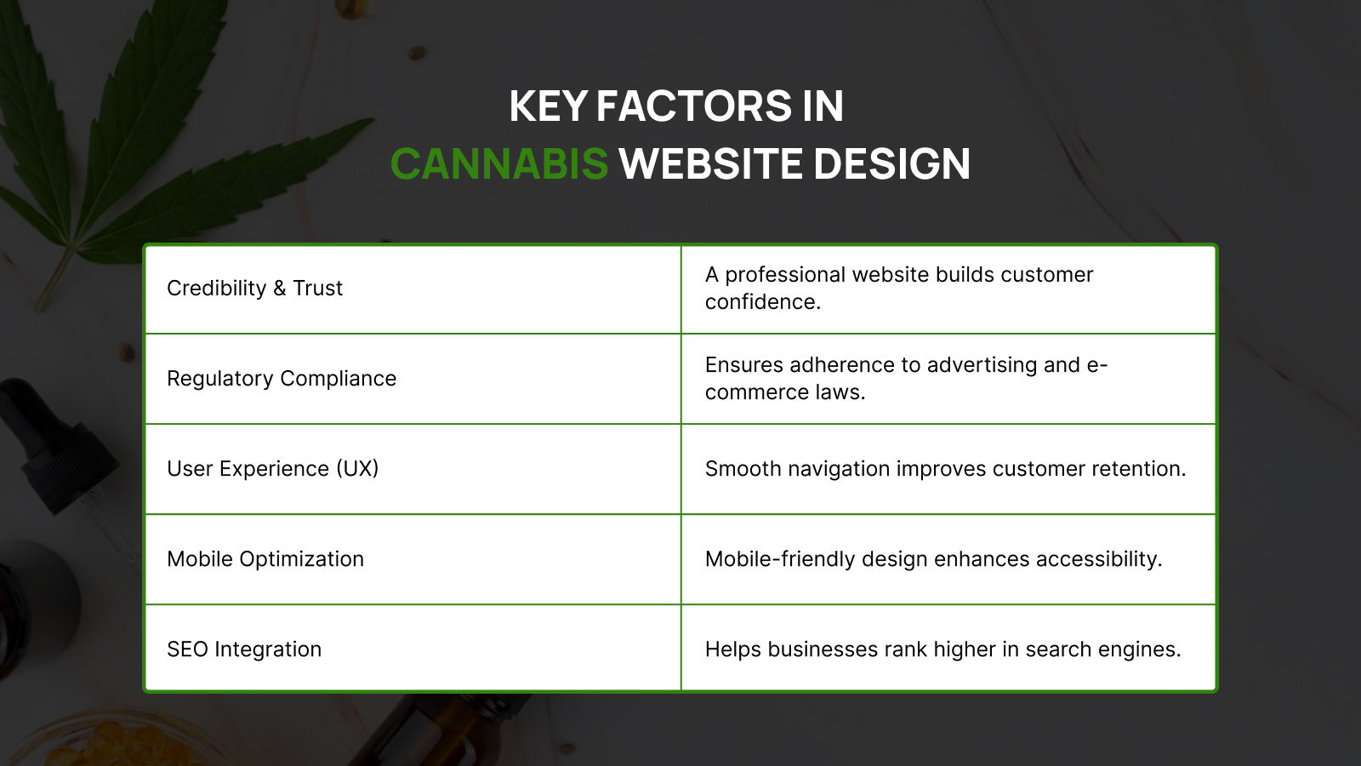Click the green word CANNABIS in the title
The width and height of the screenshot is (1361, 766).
[498, 163]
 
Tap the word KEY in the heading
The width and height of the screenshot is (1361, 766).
[548, 106]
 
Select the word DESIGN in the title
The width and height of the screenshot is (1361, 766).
[891, 163]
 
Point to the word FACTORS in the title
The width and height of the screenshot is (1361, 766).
[694, 106]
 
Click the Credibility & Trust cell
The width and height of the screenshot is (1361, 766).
[254, 289]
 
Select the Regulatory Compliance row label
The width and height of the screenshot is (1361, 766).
[282, 379]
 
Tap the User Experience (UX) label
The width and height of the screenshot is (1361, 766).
[273, 469]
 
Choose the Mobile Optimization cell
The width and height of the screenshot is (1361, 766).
[265, 558]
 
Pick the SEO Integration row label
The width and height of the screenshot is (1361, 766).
[244, 649]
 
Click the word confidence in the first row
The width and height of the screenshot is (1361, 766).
[762, 302]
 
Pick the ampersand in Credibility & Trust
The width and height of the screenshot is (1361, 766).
[280, 289]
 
